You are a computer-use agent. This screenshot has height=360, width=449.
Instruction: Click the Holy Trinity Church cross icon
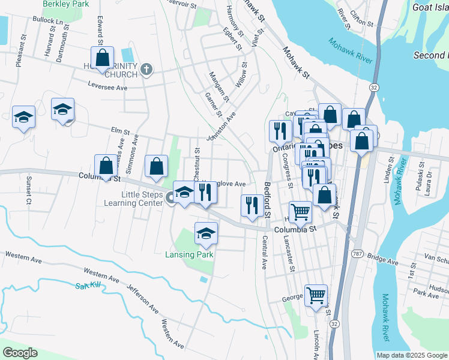146,70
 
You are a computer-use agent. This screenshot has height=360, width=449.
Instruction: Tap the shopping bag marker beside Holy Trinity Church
102,58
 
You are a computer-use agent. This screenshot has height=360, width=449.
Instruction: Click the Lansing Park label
189,254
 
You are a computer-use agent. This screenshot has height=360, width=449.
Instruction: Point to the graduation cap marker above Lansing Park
206,233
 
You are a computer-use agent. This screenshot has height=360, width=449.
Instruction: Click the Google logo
20,353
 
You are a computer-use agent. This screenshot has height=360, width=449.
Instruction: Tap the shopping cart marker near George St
316,295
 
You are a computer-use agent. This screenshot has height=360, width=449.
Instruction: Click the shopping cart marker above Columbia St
300,211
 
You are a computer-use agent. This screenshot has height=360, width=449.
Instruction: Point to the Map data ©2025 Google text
411,355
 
